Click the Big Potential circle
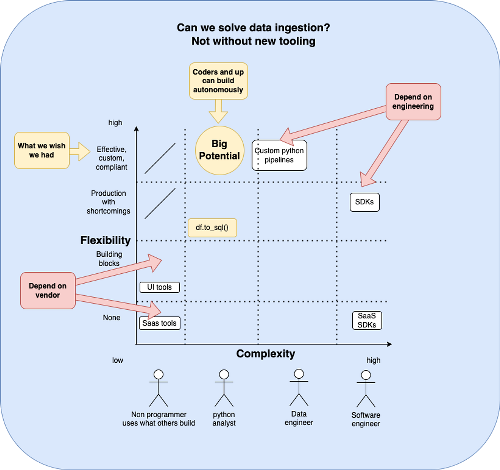219,150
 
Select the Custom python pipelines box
279,155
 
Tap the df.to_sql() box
212,228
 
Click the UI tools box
159,287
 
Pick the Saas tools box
159,323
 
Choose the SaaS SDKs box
367,320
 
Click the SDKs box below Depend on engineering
364,202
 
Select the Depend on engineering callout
413,102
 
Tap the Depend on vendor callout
48,291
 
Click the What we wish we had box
42,151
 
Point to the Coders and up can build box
218,81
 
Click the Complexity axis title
265,354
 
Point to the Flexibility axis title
105,241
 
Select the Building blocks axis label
109,259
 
